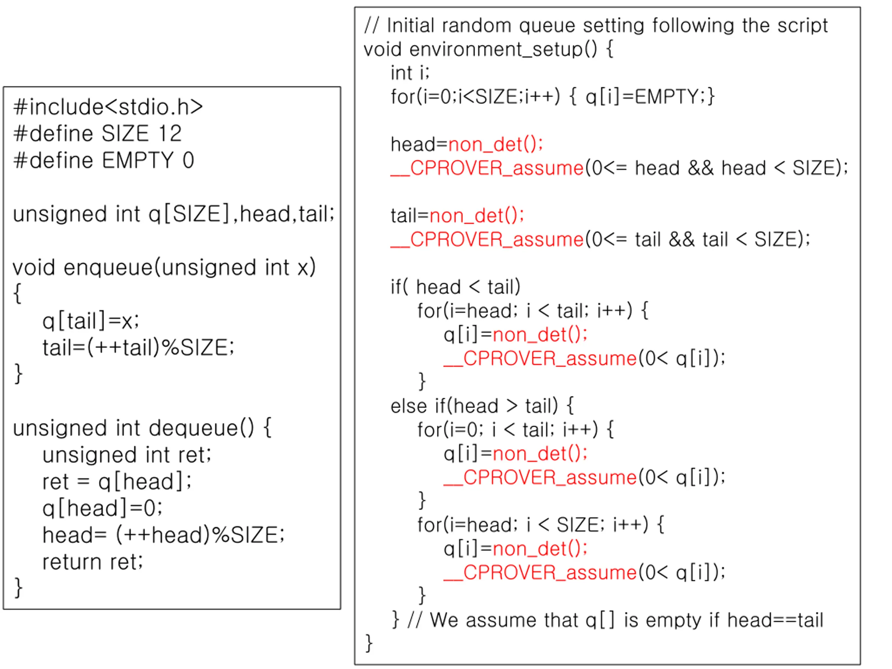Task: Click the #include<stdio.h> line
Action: click(108, 107)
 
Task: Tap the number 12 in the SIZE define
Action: click(170, 133)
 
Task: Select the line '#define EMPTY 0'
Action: click(103, 160)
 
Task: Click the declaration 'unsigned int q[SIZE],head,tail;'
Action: click(174, 214)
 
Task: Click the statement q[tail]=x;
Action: click(91, 321)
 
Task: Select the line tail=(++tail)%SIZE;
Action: click(138, 348)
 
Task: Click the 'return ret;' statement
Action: click(92, 562)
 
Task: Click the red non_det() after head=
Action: click(495, 144)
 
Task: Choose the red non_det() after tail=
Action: click(477, 216)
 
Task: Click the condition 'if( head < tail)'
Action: click(455, 287)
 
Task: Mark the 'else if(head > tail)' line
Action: click(482, 406)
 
